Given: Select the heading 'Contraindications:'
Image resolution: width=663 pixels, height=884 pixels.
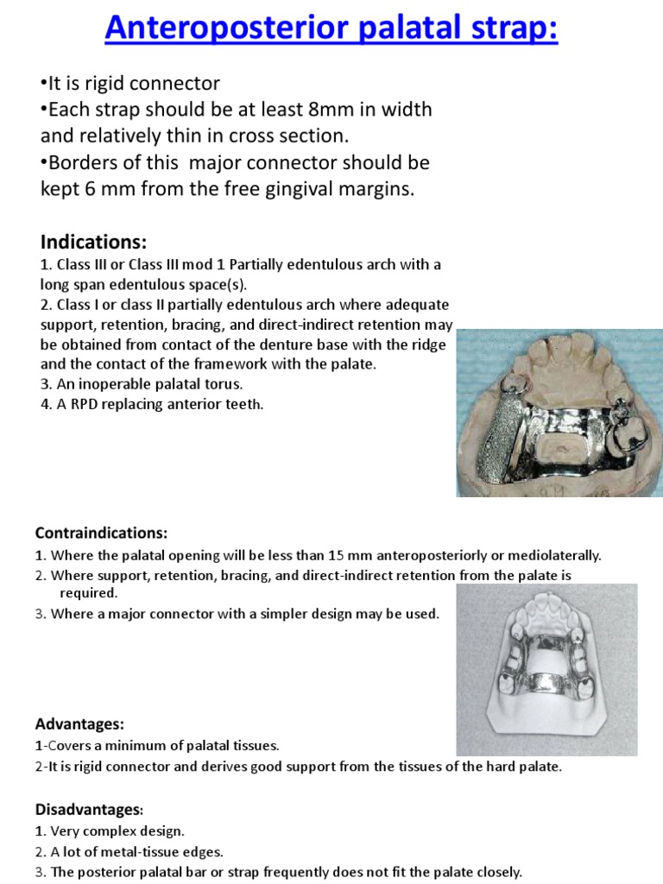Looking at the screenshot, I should click(x=101, y=533).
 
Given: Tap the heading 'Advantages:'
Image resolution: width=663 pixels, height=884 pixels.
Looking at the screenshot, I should click(x=80, y=723).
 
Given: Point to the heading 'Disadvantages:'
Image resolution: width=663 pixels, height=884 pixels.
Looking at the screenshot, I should click(x=90, y=810).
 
